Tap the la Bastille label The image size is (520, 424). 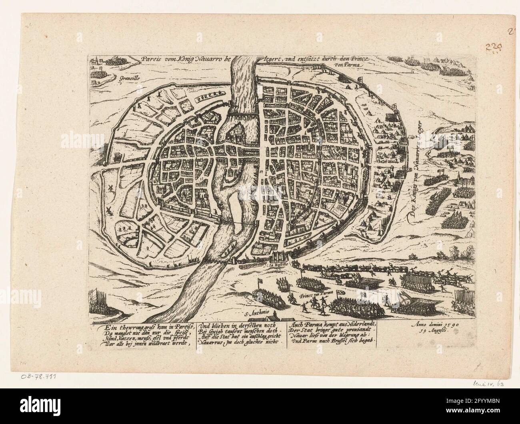click(276, 265)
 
